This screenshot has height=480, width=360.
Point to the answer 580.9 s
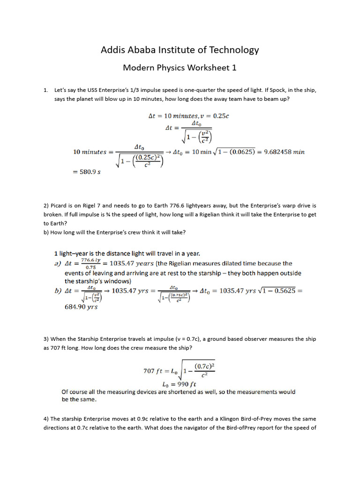coord(87,172)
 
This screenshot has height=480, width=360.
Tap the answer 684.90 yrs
coord(81,307)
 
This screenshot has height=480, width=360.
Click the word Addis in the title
coord(113,50)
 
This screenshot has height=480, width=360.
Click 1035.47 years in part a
coord(127,263)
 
